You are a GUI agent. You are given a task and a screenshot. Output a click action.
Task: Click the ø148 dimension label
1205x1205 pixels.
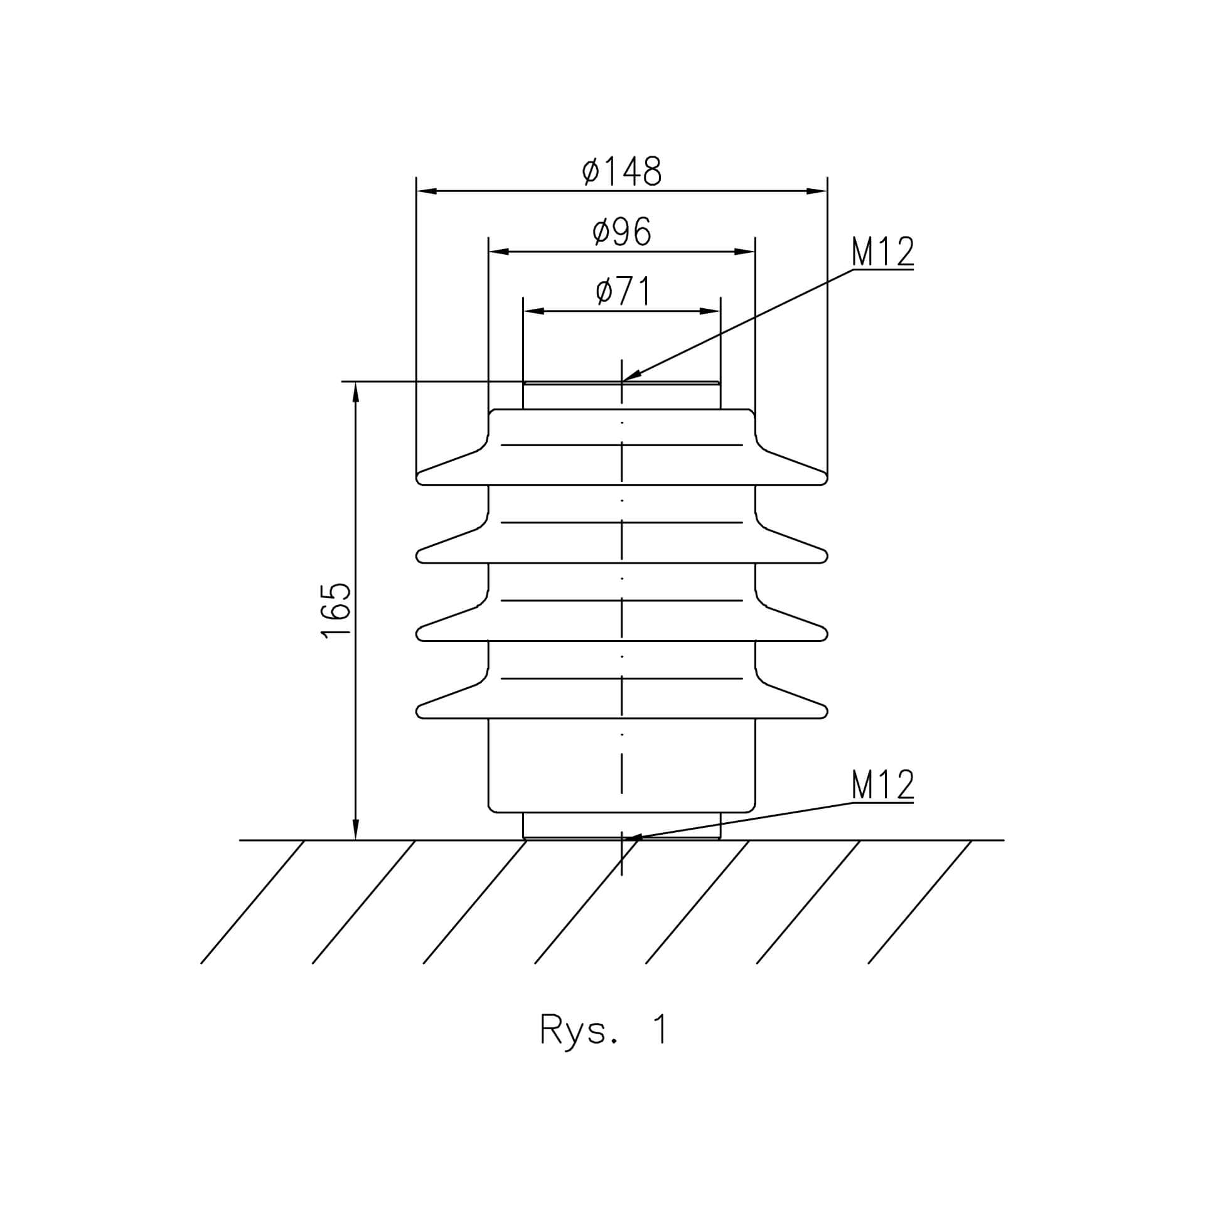coord(622,171)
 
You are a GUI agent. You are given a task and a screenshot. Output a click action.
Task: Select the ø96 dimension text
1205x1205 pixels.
coord(622,232)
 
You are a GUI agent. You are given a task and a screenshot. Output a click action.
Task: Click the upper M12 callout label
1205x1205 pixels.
coord(882,252)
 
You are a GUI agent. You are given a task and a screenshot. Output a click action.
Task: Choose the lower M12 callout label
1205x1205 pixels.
coord(882,785)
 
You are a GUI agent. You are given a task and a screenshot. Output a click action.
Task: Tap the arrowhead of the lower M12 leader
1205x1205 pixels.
coord(625,838)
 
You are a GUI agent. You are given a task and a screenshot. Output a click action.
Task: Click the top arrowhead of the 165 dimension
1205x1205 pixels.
coord(356,382)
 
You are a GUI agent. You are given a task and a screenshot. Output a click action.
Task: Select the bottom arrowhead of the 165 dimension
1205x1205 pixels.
coord(356,839)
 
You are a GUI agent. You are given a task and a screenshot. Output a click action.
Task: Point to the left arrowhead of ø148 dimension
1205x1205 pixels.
coord(417,191)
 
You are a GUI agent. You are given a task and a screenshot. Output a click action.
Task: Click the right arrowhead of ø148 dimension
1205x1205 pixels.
coord(827,191)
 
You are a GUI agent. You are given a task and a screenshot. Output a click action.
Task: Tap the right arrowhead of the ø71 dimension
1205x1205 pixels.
coord(720,311)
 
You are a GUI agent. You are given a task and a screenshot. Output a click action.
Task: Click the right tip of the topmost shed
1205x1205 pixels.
coord(827,478)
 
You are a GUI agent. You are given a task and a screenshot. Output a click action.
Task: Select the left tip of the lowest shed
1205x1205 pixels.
coord(417,712)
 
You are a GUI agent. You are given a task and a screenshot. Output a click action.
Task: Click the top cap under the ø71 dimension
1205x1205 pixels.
coord(622,395)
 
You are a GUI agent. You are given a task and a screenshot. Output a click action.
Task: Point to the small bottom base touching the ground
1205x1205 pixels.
coord(622,826)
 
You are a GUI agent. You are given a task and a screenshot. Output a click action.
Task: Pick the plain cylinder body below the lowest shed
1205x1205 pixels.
coord(622,766)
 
